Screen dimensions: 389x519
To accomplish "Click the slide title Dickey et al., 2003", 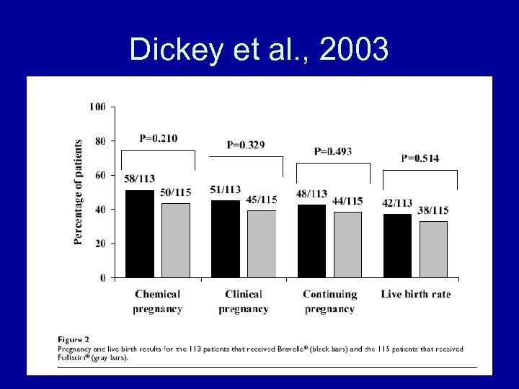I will coord(259,49).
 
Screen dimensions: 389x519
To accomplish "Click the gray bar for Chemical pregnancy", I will coord(176,241).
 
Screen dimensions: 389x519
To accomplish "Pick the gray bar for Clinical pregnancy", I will coord(262,244).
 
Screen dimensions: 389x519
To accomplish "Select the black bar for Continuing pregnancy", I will coord(311,241).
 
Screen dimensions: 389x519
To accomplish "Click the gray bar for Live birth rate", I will coord(433,249).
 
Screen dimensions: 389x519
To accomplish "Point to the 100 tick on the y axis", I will coord(98,107).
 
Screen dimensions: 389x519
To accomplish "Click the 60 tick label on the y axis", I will coord(100,176).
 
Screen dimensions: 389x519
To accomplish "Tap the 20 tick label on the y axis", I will coord(100,243).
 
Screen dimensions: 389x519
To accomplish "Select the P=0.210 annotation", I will coord(159,138).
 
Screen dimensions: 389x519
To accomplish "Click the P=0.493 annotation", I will coord(333,151).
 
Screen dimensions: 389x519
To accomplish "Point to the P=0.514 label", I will coord(420,158).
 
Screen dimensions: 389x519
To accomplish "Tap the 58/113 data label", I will coord(139,179).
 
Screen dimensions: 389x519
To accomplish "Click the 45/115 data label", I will coord(261,200).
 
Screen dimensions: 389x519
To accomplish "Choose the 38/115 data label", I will coord(432,210).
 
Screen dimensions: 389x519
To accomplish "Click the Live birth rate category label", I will coord(416,294).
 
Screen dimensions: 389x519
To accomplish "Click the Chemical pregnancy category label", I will coord(158,301).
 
